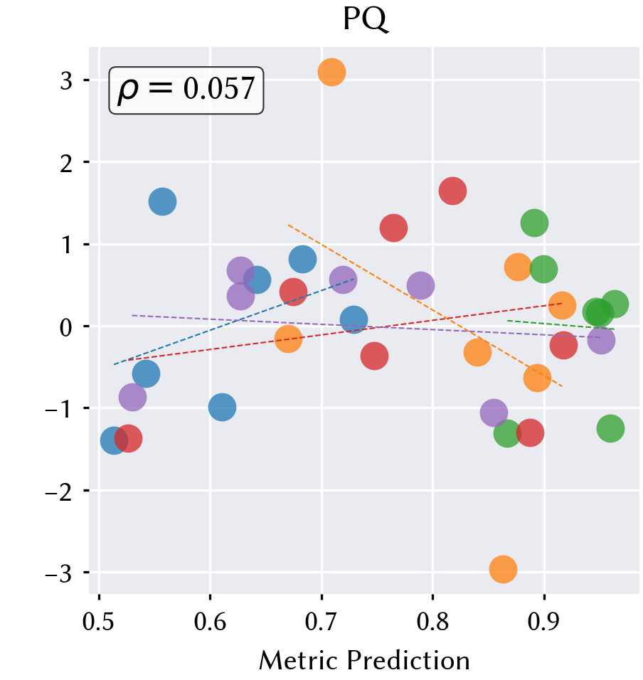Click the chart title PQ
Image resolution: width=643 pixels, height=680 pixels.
coord(366,19)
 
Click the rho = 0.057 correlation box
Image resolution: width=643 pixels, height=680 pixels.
coord(186,90)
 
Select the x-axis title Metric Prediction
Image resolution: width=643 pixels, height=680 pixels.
coord(364,661)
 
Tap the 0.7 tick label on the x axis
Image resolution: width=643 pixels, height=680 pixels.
coord(321,622)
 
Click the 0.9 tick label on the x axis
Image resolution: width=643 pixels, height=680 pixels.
coord(544,622)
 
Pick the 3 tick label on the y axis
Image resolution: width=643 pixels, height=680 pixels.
coord(66,80)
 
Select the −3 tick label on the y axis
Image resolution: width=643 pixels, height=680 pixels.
coord(58,573)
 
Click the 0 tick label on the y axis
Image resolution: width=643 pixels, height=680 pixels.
coord(66,327)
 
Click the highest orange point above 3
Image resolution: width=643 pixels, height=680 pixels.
coord(331,72)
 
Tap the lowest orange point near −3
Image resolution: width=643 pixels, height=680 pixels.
coord(503,569)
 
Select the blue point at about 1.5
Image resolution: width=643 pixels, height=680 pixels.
coord(162,202)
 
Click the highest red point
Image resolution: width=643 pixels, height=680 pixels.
coord(452,191)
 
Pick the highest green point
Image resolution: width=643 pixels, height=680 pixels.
coord(534,223)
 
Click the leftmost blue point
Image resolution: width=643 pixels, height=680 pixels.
coord(114,440)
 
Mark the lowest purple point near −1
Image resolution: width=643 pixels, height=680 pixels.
coord(494,413)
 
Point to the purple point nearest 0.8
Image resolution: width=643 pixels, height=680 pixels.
coord(420,286)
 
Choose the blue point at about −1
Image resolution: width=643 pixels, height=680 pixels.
coord(222,408)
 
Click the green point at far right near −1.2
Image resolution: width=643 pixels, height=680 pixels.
coord(610,428)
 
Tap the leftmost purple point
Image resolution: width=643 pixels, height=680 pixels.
coord(132,397)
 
